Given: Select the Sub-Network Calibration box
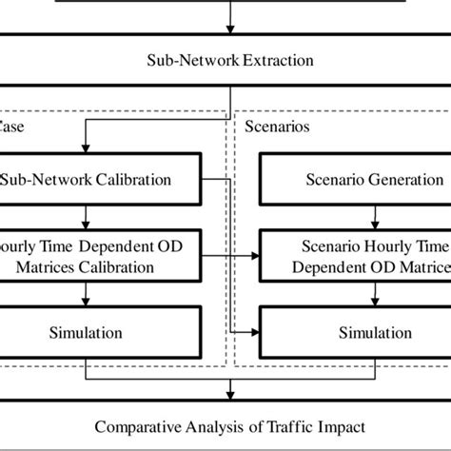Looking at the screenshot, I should (x=100, y=180).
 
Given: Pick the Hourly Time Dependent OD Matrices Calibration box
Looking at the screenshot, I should (x=100, y=257).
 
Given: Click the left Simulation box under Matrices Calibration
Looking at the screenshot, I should (x=100, y=333).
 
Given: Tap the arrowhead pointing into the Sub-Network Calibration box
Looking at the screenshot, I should (x=87, y=147).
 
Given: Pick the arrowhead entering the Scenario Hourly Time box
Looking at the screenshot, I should (x=258, y=257).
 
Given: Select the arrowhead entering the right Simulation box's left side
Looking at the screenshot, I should (x=258, y=333).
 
